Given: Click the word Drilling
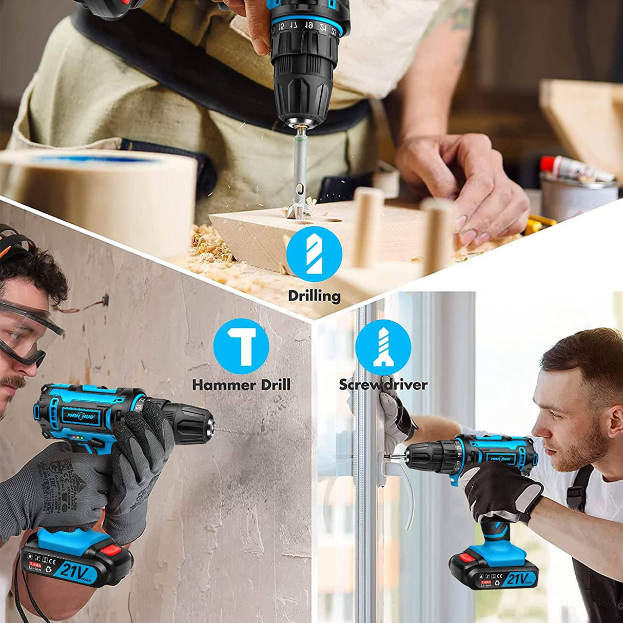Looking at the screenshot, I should (x=314, y=296).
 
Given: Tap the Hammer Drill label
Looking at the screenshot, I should (x=241, y=384).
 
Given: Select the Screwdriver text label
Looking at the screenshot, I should (x=383, y=384).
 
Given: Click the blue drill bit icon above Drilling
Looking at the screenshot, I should (x=314, y=254).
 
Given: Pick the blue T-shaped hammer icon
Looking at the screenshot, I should (x=241, y=345).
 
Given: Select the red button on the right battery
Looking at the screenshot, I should (x=468, y=556).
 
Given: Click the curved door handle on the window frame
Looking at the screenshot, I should (x=405, y=493).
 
